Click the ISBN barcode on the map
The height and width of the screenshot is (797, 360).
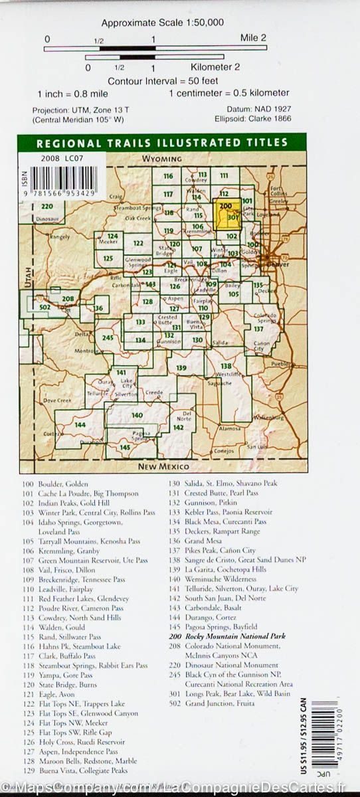pos(63,179)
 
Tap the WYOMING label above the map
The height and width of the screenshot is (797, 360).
pos(162,159)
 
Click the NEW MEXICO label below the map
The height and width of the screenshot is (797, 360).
pos(164,467)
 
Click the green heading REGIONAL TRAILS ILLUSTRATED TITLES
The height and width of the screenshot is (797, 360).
pos(162,142)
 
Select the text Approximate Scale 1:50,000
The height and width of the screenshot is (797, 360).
pos(162,23)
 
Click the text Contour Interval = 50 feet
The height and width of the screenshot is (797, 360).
pos(162,80)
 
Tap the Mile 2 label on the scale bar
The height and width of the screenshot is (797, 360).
pos(253,39)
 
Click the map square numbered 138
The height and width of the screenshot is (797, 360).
pos(226,366)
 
